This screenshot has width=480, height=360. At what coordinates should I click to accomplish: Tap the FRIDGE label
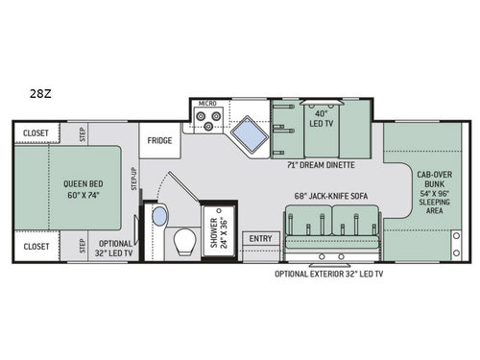pos(159,140)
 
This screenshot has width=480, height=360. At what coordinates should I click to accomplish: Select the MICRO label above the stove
pos(207,103)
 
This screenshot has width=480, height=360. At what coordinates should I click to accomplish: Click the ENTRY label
pos(259,239)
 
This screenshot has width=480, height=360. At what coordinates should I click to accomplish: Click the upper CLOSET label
pos(36,134)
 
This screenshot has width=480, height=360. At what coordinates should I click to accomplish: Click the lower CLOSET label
pos(36,247)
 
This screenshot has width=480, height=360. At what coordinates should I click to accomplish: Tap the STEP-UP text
pos(134,178)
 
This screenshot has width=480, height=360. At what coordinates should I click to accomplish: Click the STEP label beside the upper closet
pos(82,132)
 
